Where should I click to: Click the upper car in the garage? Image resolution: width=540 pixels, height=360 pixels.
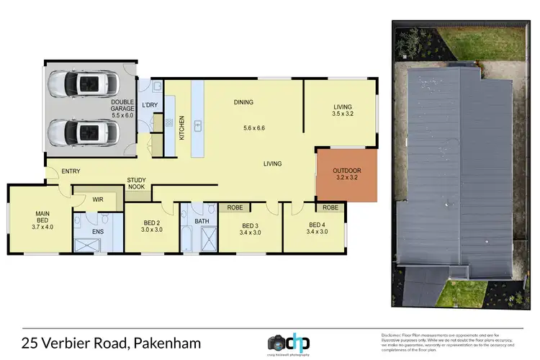[x=83, y=85]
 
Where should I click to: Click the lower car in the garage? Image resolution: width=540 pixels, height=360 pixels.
[x=83, y=132]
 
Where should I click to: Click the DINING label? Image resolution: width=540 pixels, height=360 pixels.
[x=243, y=102]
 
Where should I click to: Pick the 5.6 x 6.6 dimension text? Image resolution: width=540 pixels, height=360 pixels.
[x=255, y=128]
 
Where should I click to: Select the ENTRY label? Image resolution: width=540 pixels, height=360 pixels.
[x=71, y=171]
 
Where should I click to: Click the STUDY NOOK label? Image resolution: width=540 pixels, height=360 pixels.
[x=136, y=184]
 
